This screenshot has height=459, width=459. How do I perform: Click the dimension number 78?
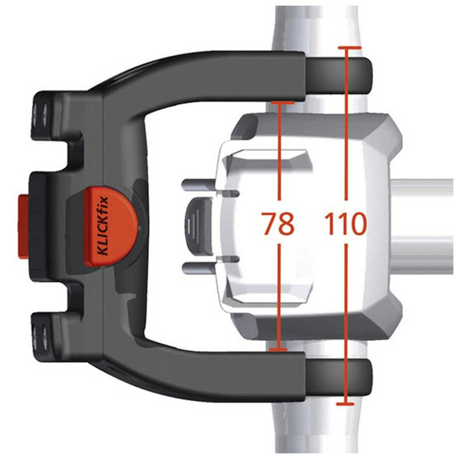coord(278,224)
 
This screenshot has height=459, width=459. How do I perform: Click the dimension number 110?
coord(346,224)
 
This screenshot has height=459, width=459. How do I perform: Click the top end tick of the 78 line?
coord(279,102)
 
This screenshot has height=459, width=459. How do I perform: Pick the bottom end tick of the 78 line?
coord(279,348)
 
